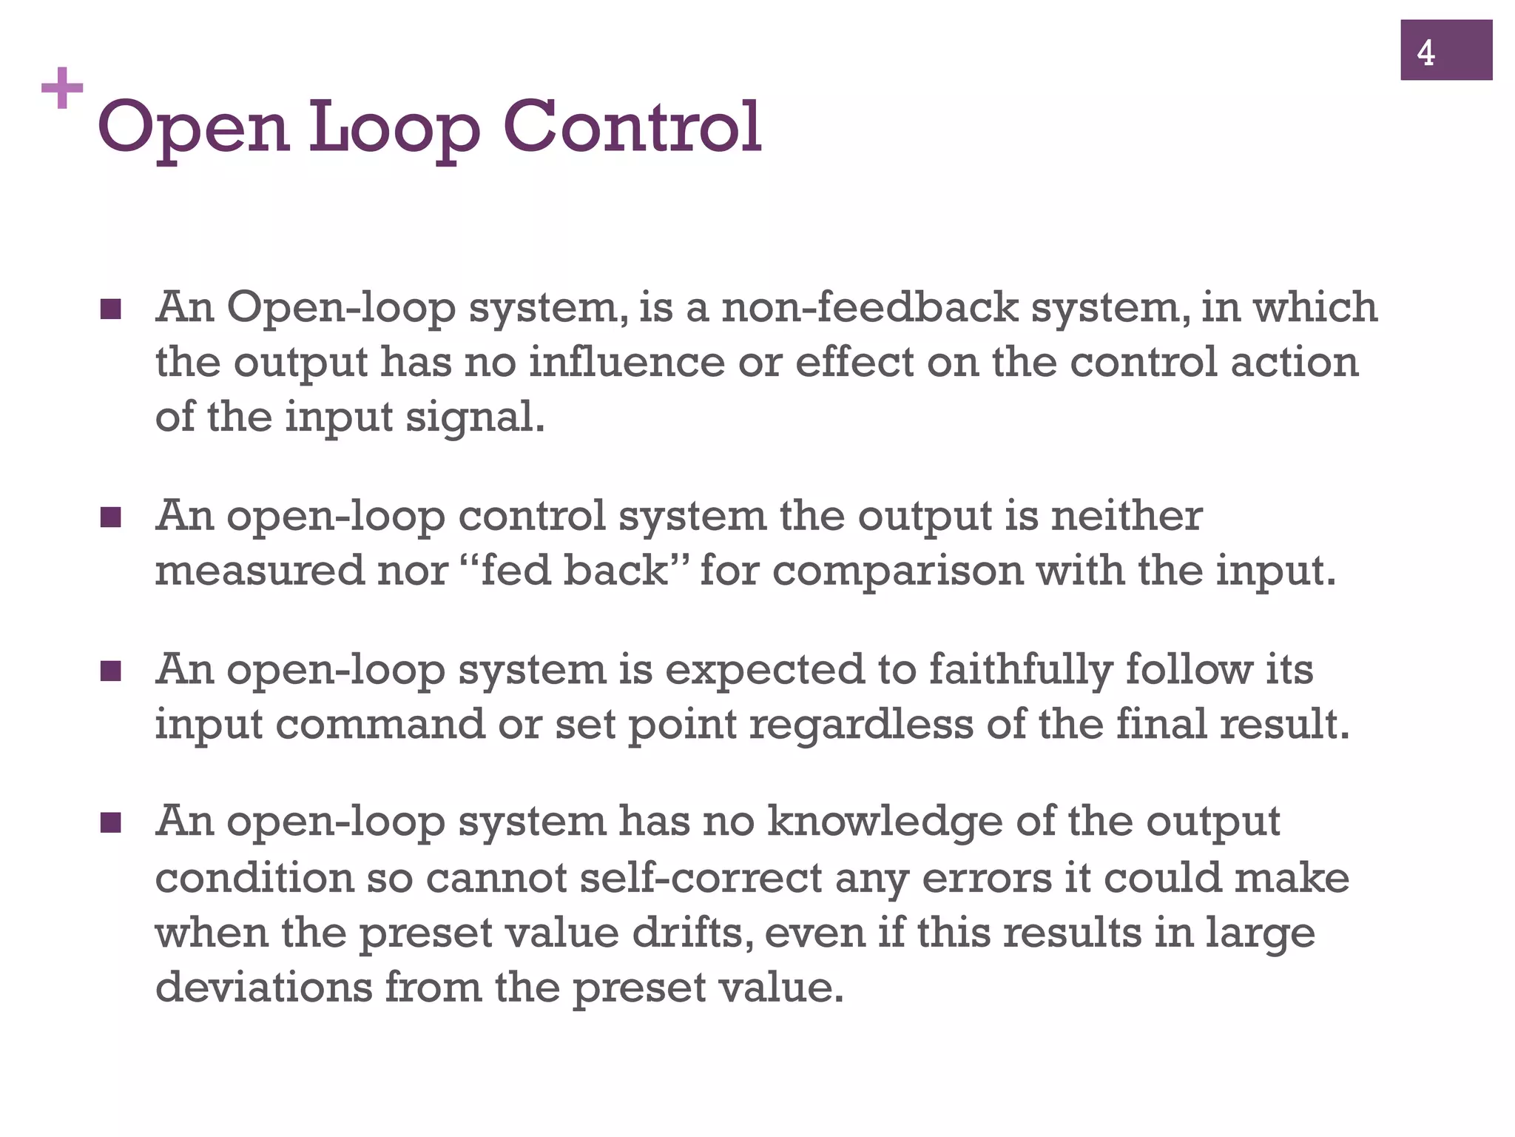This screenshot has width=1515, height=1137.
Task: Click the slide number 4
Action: tap(1425, 53)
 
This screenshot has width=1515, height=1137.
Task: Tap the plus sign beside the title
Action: tap(62, 88)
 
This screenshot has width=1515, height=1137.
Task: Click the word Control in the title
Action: tap(632, 127)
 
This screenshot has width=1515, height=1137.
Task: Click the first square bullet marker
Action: tap(110, 309)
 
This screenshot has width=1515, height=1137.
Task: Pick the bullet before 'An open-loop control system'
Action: tap(110, 517)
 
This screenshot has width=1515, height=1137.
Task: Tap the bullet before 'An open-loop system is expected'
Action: tap(110, 671)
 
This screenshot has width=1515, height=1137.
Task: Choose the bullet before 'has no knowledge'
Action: tap(110, 822)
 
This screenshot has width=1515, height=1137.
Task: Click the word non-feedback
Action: tap(869, 306)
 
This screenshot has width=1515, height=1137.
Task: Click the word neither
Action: tap(1126, 515)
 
